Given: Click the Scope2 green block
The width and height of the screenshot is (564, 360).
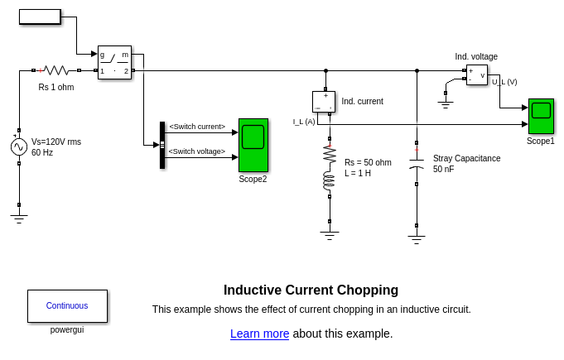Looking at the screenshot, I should click(x=253, y=145).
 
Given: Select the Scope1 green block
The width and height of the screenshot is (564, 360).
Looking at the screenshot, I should click(x=542, y=117).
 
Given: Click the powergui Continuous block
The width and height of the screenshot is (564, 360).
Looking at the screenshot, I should click(x=67, y=305).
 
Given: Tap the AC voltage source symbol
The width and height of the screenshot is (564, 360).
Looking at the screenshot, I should click(x=19, y=146).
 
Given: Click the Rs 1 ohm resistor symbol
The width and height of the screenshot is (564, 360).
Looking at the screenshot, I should click(x=55, y=70).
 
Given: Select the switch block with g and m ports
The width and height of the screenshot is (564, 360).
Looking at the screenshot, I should click(x=114, y=62).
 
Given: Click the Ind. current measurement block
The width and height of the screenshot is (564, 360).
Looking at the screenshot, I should click(x=324, y=101).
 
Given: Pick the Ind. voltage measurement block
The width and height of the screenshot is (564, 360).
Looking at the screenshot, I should click(x=476, y=75).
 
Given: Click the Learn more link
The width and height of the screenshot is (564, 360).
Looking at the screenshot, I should click(x=259, y=334).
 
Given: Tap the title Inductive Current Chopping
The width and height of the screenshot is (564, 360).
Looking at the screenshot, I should click(x=311, y=290).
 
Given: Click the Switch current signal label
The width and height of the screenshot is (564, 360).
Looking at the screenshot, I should click(x=197, y=127).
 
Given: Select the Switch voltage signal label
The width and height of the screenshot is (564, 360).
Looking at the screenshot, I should click(x=197, y=151).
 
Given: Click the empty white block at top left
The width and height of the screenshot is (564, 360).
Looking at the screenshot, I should click(x=40, y=17).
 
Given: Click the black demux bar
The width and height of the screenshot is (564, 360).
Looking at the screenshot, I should click(x=162, y=145).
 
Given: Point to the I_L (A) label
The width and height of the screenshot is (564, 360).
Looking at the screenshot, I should click(x=304, y=122).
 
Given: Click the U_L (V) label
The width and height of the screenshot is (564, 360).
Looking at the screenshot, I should click(x=504, y=82).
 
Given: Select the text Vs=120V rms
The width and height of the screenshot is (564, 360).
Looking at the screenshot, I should click(x=56, y=142).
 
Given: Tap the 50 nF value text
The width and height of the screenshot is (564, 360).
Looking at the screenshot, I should click(x=443, y=169).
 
